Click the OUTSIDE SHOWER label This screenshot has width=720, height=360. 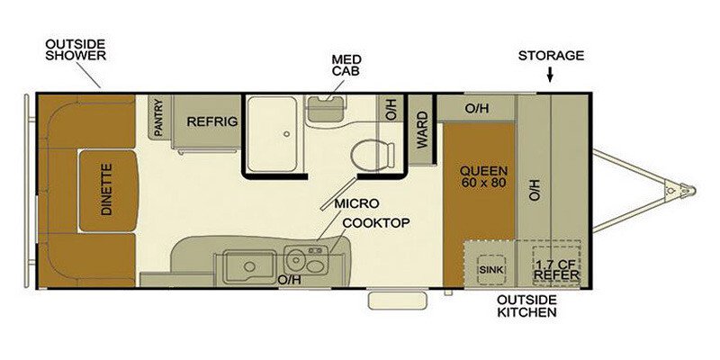(x=76, y=50)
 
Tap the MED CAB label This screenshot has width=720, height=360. (x=346, y=65)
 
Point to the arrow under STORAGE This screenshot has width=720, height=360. (x=550, y=75)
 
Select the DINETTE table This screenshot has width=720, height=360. (x=108, y=191)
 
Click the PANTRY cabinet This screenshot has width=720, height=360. (x=159, y=117)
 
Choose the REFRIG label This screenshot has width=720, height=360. (x=211, y=121)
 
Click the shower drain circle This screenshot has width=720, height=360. (x=286, y=134)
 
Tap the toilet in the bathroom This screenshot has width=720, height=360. (x=373, y=155)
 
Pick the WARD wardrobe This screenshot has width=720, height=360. (x=421, y=130)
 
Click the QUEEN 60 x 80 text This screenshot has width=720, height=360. (x=483, y=176)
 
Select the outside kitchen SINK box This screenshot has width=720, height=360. (x=491, y=269)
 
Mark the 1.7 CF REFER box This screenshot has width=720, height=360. (x=556, y=267)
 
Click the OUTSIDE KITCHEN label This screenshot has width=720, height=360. (x=526, y=306)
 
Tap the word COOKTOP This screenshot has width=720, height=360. (x=376, y=223)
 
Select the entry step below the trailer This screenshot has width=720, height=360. (x=398, y=301)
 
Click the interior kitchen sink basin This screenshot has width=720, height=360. (x=250, y=266)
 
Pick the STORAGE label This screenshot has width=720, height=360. (x=551, y=56)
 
